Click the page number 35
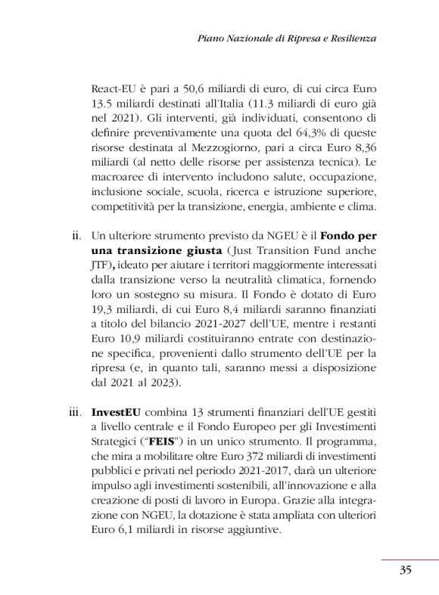coord(405,570)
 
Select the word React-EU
coord(114,88)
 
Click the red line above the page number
coord(409,559)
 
